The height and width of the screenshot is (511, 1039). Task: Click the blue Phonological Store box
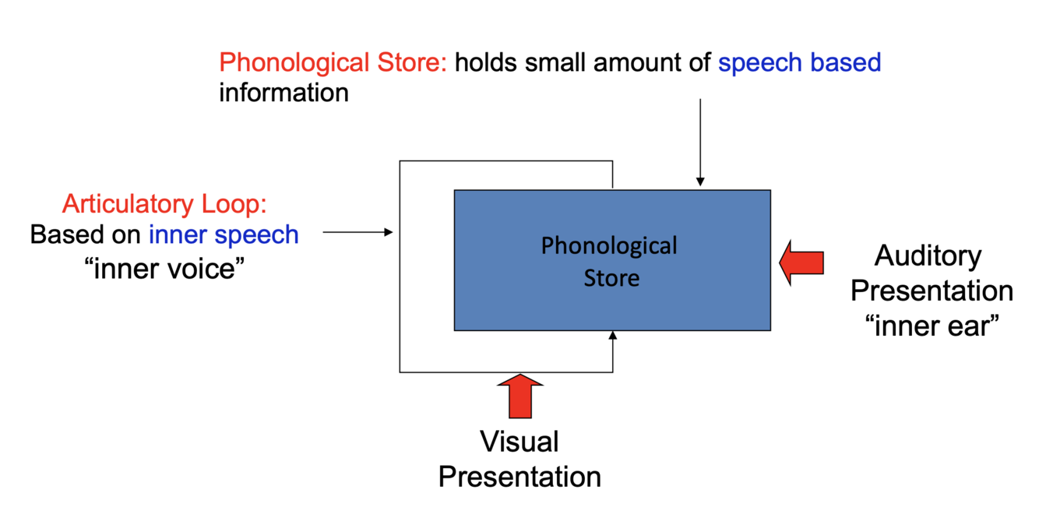pos(612,296)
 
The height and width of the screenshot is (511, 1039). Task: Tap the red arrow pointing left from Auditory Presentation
pos(801,263)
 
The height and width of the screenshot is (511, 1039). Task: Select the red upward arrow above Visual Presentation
pos(519,396)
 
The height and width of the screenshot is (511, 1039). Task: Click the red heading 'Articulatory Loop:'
pos(164,204)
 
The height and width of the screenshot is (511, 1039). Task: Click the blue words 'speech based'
pos(799,62)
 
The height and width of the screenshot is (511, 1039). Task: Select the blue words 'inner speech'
pos(224,234)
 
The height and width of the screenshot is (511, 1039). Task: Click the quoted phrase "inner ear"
pos(931,326)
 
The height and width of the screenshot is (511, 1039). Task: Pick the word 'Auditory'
pos(928,255)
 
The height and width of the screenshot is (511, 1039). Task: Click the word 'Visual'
pos(519,442)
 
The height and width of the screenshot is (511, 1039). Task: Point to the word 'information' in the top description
pos(284,93)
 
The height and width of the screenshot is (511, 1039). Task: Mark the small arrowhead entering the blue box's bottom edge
pos(613,336)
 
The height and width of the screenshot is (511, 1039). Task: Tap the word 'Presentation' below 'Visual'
pos(519,476)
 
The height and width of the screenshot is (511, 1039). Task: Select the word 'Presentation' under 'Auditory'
pos(932,291)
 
